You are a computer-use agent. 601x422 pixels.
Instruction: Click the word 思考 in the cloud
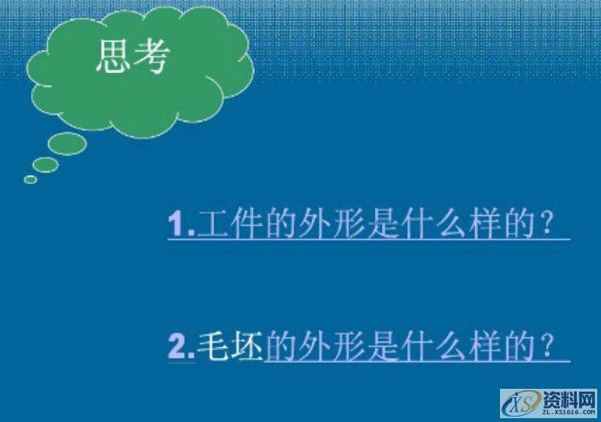pos(133,57)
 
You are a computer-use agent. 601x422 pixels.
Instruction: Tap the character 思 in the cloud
pos(114,57)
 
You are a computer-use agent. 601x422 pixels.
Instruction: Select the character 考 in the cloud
pos(151,57)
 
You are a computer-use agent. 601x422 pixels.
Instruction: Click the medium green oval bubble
pos(46,165)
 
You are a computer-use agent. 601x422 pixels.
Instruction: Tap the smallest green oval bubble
pos(30,179)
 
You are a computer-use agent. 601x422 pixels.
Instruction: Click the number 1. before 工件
pos(182,225)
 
